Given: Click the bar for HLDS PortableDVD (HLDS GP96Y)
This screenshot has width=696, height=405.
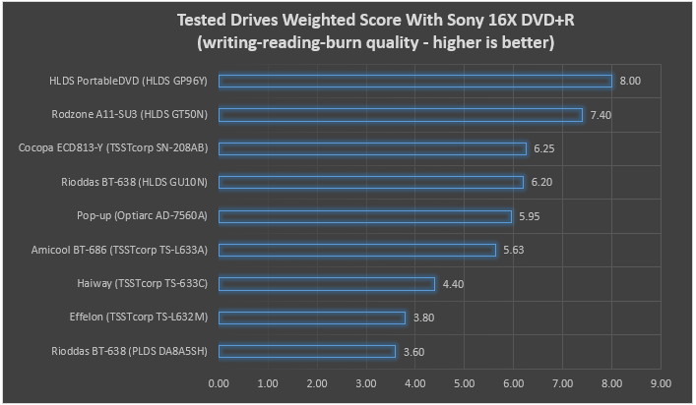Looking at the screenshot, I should [414, 81].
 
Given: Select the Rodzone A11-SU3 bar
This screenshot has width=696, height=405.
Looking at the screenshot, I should [400, 115].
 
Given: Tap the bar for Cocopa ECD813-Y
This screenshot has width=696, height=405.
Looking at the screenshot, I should [372, 148].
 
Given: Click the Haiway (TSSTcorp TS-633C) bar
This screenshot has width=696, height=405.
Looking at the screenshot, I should [327, 284].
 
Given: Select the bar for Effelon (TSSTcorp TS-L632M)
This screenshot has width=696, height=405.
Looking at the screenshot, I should [312, 318].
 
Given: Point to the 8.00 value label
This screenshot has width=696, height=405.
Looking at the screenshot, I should [629, 81].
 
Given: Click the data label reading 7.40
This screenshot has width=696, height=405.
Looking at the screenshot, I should [600, 115].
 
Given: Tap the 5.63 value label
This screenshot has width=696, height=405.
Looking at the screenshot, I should [513, 250].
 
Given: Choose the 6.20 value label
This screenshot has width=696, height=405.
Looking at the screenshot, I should [541, 183].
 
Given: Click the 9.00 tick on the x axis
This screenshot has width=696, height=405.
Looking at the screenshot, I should [661, 383].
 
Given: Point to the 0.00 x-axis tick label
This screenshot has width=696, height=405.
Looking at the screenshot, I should [219, 383].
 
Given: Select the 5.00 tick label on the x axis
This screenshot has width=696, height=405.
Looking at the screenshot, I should [465, 383].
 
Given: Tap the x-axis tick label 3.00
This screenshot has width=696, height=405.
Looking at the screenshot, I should [366, 383].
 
